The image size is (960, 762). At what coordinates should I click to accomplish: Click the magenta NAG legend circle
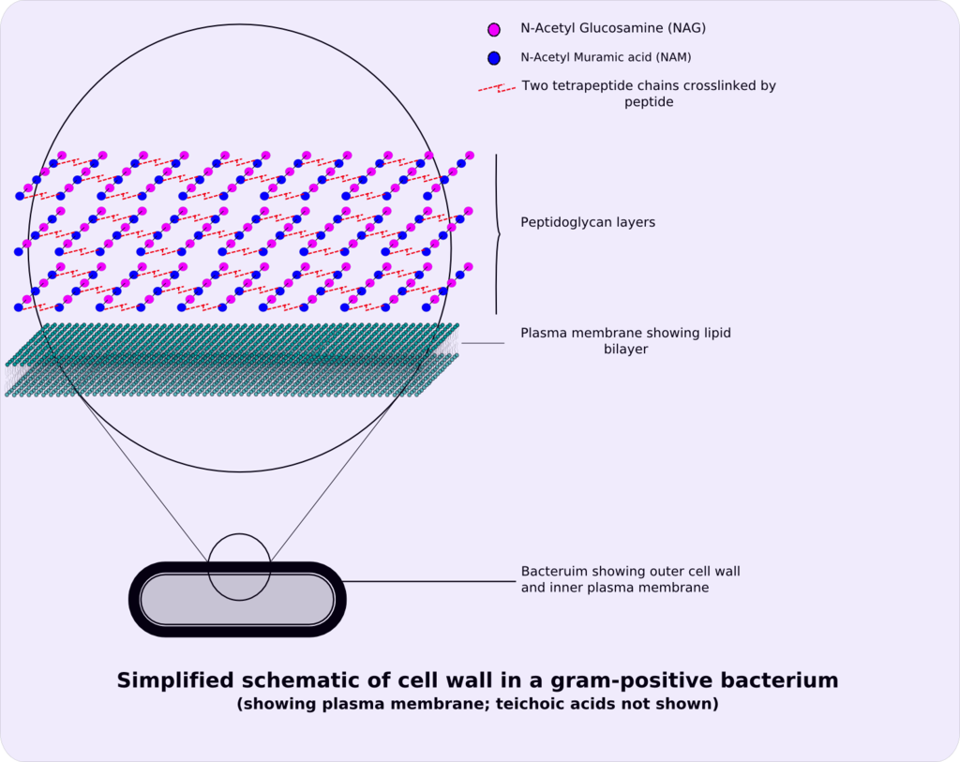493,29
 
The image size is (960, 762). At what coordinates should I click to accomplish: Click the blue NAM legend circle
493,58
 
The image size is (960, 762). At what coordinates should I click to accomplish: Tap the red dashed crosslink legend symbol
497,89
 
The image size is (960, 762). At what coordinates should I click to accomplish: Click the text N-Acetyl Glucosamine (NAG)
613,28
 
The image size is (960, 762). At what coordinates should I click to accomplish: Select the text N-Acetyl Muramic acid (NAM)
606,57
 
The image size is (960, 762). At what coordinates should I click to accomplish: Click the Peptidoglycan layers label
588,222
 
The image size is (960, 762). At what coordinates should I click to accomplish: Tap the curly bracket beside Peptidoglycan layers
497,234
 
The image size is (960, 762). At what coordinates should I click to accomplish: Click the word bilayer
625,350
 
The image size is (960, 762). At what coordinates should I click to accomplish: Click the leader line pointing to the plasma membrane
483,343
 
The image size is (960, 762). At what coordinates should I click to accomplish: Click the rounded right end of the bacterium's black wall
341,599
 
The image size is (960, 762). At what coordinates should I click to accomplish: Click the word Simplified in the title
175,681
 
